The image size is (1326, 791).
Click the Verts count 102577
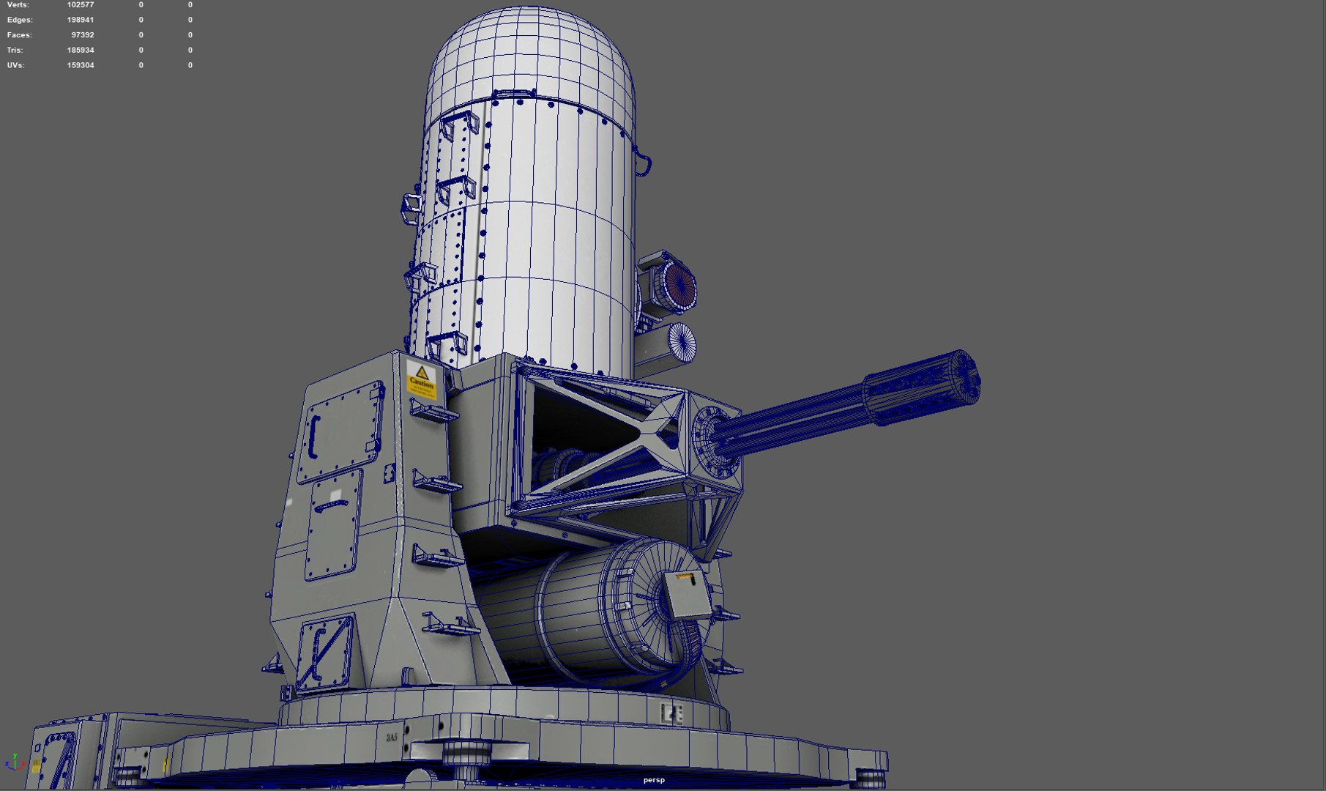tap(81, 5)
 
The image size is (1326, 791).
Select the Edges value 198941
tap(81, 20)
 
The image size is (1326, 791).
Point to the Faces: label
tap(20, 35)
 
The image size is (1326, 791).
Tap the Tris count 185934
tap(81, 51)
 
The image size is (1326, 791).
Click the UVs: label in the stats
tap(15, 65)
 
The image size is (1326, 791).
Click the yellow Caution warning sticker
tap(421, 379)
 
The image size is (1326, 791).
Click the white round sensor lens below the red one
tap(682, 341)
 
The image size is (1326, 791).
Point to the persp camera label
tap(654, 780)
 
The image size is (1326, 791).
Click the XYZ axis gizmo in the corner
tap(14, 762)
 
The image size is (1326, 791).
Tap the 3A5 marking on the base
tap(392, 738)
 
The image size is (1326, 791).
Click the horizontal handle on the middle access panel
tap(334, 505)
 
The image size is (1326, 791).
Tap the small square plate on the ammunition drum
tap(688, 594)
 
